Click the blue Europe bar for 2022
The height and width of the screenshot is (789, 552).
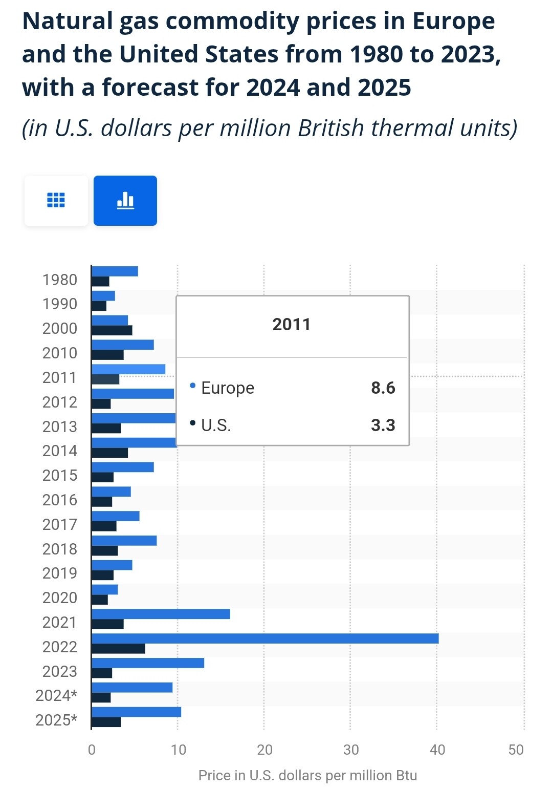coord(264,638)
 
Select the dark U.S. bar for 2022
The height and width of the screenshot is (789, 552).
coord(118,649)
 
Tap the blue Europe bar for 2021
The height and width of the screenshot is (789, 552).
coord(161,614)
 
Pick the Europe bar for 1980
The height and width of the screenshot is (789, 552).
coord(115,271)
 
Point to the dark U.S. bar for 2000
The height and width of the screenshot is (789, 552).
coord(112,330)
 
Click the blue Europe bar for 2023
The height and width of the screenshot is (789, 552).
coord(148,663)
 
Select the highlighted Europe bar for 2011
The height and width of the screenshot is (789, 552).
coord(128,369)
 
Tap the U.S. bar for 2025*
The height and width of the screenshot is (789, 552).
coord(106,722)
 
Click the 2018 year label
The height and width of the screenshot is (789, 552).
coord(60,549)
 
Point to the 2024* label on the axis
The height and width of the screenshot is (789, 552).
coord(56,696)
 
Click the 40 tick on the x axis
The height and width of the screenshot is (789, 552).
coord(437,750)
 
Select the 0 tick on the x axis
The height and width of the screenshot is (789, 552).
coord(92,750)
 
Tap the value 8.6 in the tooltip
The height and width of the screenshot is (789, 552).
coord(383,388)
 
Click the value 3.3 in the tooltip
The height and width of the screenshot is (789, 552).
coord(383,425)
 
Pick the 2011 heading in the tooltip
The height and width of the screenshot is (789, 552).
coord(292,325)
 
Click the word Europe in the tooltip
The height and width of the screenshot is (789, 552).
coord(228,388)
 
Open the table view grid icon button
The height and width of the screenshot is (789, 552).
coord(56,201)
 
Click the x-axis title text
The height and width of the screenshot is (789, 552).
coord(307,775)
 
